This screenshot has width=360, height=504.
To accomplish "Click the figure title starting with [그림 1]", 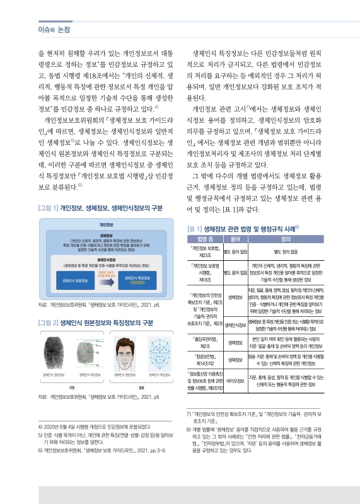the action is click(x=101, y=207).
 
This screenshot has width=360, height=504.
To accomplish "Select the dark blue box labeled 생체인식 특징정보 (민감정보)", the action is click(x=137, y=281).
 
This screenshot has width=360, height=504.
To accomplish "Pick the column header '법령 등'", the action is click(x=205, y=239).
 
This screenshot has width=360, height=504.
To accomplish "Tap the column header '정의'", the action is click(x=286, y=239).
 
